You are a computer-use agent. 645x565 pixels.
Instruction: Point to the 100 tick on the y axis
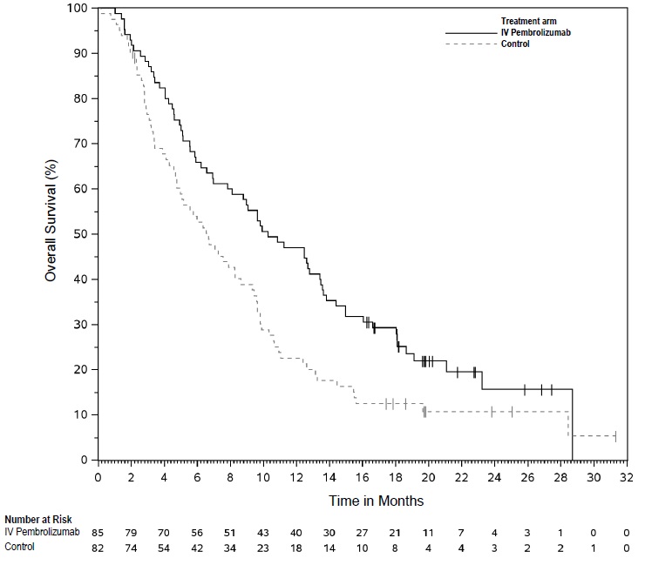tap(80, 8)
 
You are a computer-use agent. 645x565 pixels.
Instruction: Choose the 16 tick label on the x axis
tap(363, 477)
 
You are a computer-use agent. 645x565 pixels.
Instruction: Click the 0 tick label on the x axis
tap(98, 477)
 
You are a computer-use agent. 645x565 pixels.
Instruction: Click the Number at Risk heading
tap(44, 520)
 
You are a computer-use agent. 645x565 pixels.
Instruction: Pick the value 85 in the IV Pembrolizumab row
tap(98, 532)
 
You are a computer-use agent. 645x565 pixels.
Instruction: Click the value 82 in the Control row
tap(98, 546)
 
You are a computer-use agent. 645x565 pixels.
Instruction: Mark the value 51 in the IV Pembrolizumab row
tap(230, 532)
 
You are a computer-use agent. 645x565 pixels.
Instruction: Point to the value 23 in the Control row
tap(263, 546)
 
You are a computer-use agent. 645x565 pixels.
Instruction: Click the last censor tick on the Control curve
tap(615, 435)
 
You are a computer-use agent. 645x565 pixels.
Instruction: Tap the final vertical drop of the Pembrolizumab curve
tap(572, 427)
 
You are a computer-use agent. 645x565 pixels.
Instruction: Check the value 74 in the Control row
tap(132, 546)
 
